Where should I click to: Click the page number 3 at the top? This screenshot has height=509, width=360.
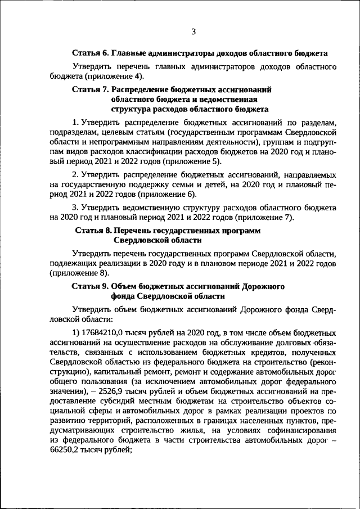(193, 31)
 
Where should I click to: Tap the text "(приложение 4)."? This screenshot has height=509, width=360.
(117, 76)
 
